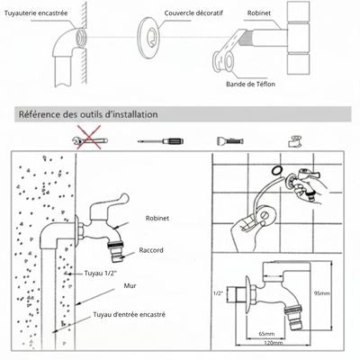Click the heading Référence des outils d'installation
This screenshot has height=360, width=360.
(89, 115)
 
